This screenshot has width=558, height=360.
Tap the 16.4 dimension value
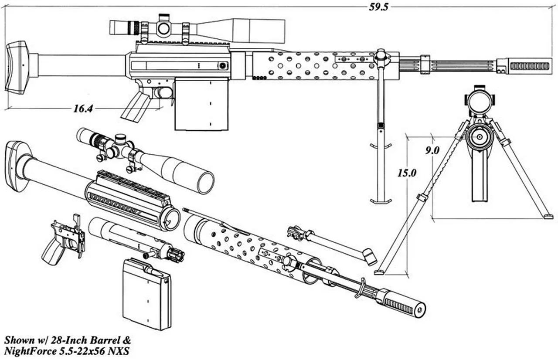(x=83, y=109)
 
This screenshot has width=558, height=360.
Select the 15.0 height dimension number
(x=407, y=173)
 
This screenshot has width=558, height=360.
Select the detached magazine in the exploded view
(x=146, y=294)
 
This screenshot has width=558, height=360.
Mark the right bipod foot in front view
(x=548, y=216)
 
